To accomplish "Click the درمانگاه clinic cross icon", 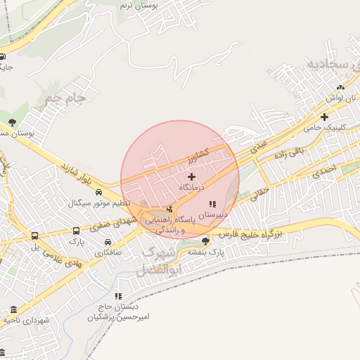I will pyautogui.click(x=191, y=176).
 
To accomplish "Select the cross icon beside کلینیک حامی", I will pyautogui.click(x=324, y=117).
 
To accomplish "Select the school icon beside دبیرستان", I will pyautogui.click(x=212, y=204).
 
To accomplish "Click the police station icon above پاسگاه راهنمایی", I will pyautogui.click(x=169, y=209).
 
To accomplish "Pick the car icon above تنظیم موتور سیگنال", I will pyautogui.click(x=98, y=192).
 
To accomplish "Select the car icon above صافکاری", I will pyautogui.click(x=107, y=242).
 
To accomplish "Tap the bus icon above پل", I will pyautogui.click(x=35, y=236).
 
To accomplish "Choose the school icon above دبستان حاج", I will pyautogui.click(x=118, y=296).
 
